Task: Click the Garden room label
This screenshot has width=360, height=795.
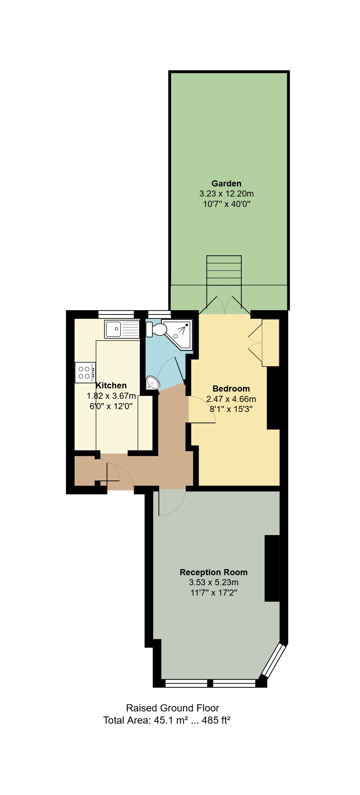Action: [226, 184]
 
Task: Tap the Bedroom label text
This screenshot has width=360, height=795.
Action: [231, 389]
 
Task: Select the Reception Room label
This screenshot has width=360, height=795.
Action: [214, 572]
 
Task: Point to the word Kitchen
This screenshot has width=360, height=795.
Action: [111, 385]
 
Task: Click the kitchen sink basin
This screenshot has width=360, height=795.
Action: [114, 329]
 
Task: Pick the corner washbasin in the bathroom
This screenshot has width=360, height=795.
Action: [152, 383]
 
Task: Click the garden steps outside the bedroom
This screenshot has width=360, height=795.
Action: [224, 270]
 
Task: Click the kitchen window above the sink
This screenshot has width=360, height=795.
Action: [116, 314]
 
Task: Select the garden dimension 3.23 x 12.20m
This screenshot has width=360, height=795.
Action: [226, 194]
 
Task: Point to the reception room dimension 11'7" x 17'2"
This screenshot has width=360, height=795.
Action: [214, 592]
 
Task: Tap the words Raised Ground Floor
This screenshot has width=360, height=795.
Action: [172, 708]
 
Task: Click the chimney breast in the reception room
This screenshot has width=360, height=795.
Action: [272, 568]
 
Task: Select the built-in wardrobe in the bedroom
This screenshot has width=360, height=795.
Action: [271, 343]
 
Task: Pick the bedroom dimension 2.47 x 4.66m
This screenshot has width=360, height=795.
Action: [231, 399]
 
